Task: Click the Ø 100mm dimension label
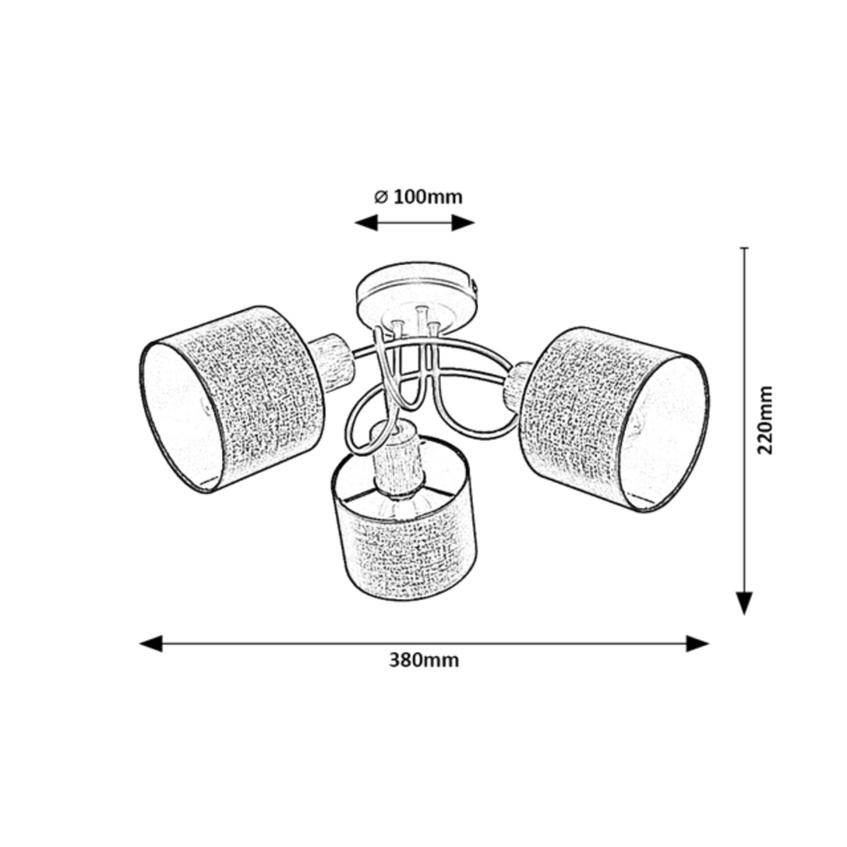(x=418, y=198)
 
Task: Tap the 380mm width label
(x=423, y=673)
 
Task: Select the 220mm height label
(x=765, y=420)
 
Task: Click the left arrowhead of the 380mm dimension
(x=151, y=644)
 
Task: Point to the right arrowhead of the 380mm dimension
(x=697, y=644)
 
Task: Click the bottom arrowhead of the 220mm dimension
(x=744, y=603)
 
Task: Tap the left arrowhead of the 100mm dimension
(x=366, y=223)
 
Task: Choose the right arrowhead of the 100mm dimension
(x=463, y=223)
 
